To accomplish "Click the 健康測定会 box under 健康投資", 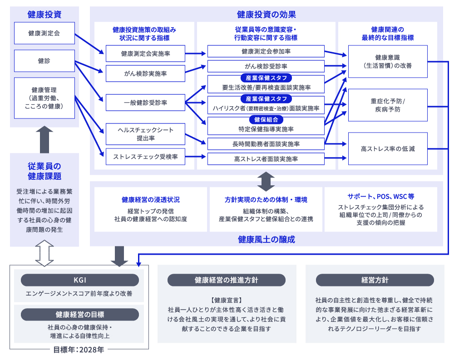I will pos(44,33).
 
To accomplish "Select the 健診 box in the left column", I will pos(44,61).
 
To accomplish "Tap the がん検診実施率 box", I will pos(145,73).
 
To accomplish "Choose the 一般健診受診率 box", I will pos(145,103).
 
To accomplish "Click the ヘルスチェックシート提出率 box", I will pos(145,134).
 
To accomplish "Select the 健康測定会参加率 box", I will pos(266,51).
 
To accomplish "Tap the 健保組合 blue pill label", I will pos(266,120).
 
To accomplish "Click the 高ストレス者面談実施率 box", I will pos(266,158).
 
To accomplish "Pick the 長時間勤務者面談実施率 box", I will pos(266,144).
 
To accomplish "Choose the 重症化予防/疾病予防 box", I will pos(388,105).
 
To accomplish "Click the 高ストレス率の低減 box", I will pos(388,148).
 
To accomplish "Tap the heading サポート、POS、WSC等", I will pos(381,197).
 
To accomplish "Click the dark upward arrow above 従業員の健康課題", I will pos(44,140).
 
